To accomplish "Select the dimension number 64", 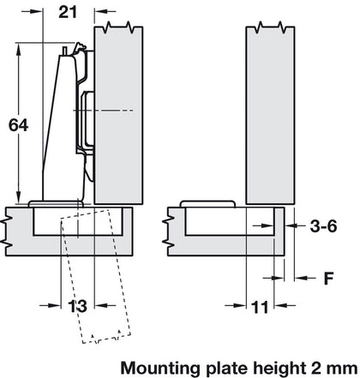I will click(18, 125).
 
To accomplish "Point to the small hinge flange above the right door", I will click(210, 203).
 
